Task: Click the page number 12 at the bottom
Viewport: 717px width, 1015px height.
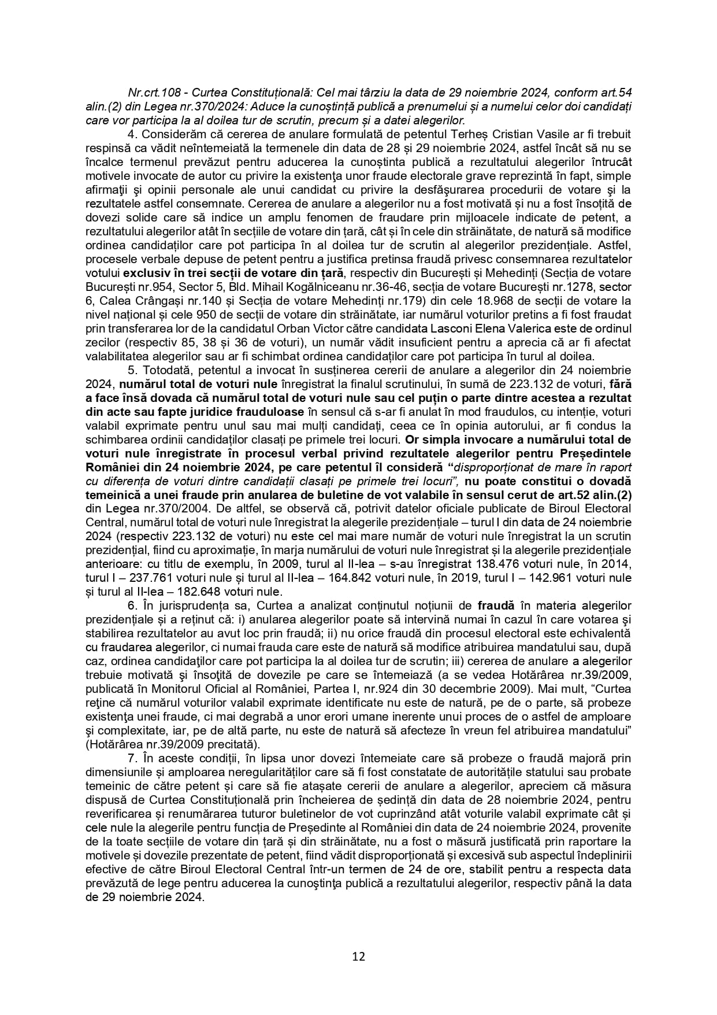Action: pos(358,955)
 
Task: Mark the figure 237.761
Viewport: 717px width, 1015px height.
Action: pos(153,577)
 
